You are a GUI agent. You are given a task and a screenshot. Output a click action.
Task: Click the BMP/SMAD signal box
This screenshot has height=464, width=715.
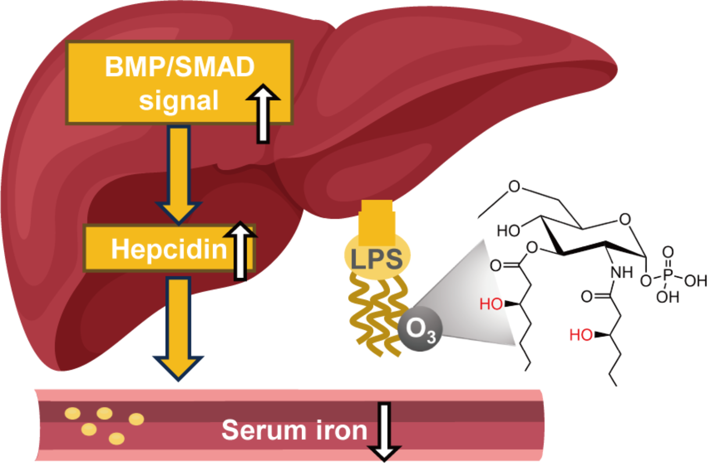click(x=179, y=83)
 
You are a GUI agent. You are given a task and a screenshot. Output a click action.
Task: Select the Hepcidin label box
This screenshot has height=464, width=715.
click(x=169, y=249)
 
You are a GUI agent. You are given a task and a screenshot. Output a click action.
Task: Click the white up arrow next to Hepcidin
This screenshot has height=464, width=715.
click(x=240, y=250)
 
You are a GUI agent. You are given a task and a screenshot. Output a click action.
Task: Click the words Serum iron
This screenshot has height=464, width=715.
click(x=294, y=430)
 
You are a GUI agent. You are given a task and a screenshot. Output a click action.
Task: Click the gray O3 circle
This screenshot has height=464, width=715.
click(x=420, y=329)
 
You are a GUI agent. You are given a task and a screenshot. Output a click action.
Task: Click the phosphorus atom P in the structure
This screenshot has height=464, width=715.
click(x=668, y=275)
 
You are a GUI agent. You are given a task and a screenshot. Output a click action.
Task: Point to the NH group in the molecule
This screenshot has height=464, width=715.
click(x=622, y=272)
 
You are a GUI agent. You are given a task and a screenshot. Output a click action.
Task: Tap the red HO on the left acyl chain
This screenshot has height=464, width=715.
click(x=491, y=303)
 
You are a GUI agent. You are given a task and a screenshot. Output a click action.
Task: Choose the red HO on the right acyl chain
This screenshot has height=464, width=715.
click(x=581, y=335)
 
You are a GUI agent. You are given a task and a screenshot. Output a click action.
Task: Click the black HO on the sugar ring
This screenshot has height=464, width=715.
click(x=508, y=230)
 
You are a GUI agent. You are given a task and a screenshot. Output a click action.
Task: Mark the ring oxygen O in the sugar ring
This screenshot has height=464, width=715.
click(x=625, y=219)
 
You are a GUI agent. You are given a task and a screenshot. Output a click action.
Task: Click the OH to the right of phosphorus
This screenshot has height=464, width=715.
click(x=695, y=281)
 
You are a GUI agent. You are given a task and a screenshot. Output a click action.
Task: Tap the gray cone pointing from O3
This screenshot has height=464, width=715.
click(x=473, y=298)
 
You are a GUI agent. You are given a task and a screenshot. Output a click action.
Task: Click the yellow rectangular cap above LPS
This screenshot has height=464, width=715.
click(x=377, y=223)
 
